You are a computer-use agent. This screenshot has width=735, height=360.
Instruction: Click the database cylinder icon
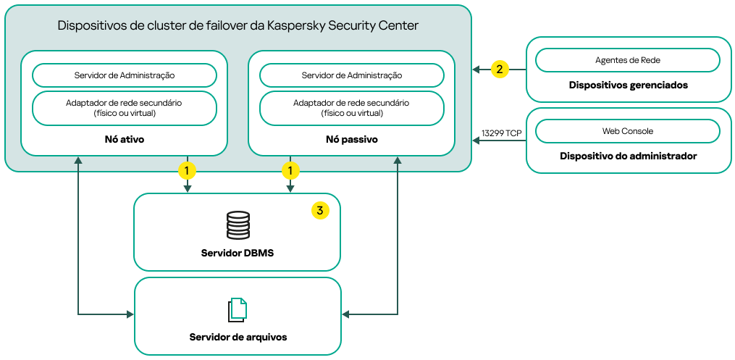(x=238, y=225)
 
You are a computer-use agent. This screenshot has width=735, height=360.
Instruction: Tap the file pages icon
(x=238, y=309)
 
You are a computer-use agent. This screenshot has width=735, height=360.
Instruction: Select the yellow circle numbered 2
(x=499, y=70)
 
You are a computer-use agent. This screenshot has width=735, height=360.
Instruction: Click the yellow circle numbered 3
(x=320, y=211)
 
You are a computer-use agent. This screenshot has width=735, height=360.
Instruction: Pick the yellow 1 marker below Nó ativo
(x=188, y=171)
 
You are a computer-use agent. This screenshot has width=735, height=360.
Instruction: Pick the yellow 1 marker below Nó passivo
(x=290, y=171)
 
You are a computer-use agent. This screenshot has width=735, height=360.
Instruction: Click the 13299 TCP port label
(x=501, y=133)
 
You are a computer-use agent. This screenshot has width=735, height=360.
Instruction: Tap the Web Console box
(x=627, y=131)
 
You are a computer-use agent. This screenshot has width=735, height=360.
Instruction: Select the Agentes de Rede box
(x=627, y=60)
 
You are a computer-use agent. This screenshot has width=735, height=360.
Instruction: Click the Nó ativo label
(x=125, y=139)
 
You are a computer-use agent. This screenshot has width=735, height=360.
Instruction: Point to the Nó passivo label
(x=351, y=139)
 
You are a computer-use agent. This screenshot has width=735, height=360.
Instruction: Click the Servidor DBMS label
(x=238, y=254)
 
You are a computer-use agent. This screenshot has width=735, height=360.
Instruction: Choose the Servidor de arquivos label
(x=238, y=338)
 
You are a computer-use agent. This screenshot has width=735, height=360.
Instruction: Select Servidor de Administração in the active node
(x=125, y=75)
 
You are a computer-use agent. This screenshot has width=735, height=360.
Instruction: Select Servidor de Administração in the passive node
(x=351, y=75)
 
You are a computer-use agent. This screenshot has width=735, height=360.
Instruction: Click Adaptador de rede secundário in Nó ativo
(x=125, y=108)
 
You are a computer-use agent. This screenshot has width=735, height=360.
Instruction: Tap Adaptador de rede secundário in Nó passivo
(x=351, y=108)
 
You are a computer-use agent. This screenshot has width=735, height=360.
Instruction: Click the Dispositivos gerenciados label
(x=628, y=85)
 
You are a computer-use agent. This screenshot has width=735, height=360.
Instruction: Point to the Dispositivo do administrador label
(x=628, y=156)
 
